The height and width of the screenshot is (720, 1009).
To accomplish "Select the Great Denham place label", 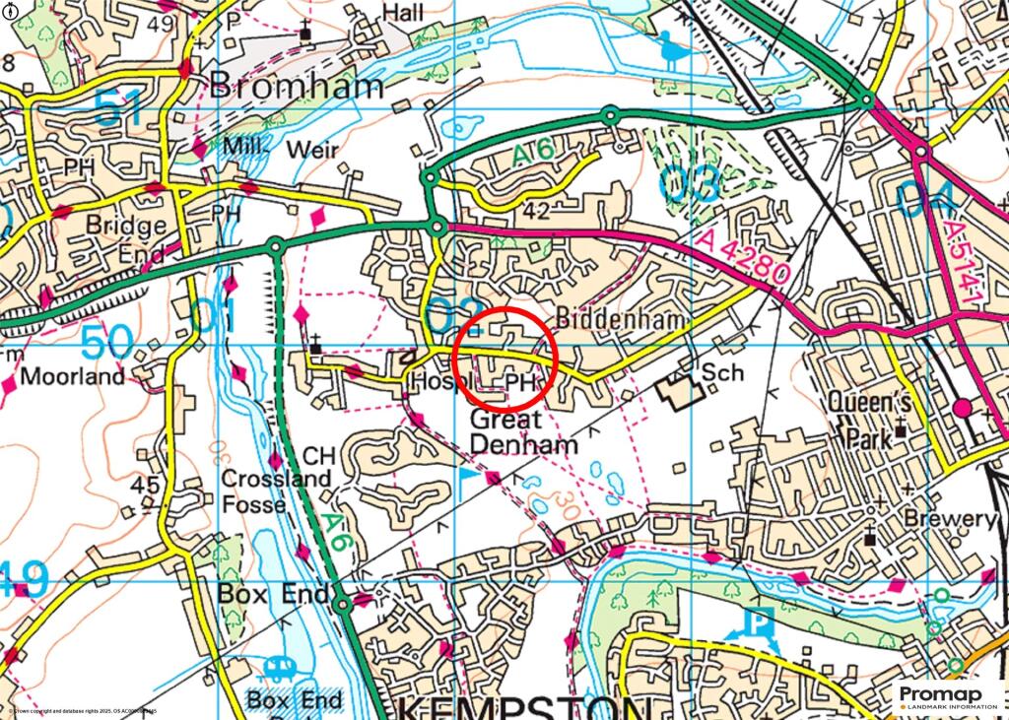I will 522,432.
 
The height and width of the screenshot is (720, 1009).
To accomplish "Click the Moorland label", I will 73,376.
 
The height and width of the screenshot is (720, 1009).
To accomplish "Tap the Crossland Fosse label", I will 261,491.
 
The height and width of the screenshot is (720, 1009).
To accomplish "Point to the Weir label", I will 312,150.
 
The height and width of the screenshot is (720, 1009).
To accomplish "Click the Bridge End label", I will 126,237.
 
